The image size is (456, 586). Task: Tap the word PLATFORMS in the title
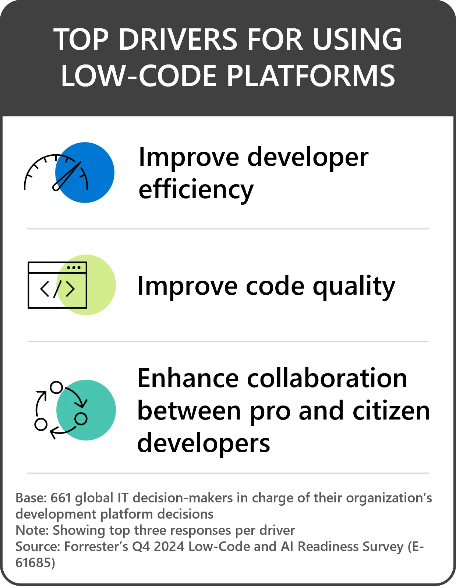coord(311,76)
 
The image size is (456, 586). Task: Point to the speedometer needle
coord(66,176)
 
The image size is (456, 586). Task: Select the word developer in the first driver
coord(308,157)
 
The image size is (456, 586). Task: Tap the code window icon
coord(57,285)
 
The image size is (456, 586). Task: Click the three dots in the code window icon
coord(74,268)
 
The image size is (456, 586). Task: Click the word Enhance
coord(188,378)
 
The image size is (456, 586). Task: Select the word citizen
coord(391,411)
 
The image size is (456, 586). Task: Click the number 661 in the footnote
coord(61,498)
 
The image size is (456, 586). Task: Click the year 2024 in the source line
coord(169,547)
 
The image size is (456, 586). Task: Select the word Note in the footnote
coord(32,530)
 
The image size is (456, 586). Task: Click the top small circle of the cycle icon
coord(56,387)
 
